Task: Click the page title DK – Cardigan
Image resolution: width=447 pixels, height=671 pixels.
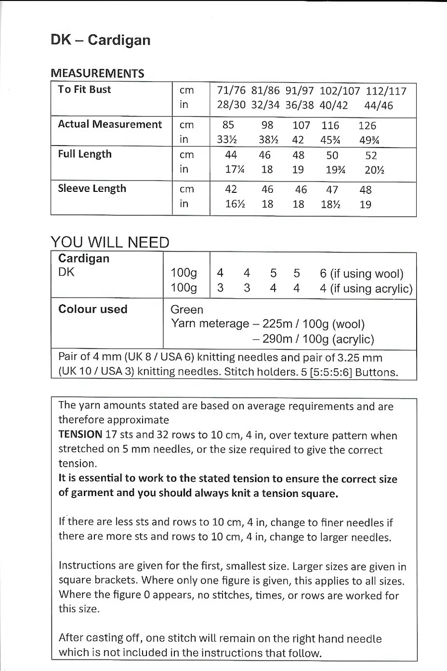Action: click(x=100, y=40)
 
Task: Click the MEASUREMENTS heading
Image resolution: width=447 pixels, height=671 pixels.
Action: click(x=97, y=74)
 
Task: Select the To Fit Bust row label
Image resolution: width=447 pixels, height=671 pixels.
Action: click(x=84, y=89)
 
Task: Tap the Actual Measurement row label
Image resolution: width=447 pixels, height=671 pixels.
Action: click(x=110, y=124)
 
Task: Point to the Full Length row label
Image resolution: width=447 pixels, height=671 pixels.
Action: click(x=84, y=154)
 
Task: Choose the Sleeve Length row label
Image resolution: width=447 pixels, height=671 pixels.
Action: click(x=92, y=188)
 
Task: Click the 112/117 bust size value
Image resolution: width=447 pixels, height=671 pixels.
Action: click(x=386, y=91)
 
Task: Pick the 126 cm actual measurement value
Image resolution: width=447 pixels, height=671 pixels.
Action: click(x=367, y=126)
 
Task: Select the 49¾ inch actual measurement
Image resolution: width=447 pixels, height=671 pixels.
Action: click(x=369, y=140)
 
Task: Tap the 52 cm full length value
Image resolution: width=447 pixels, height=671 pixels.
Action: click(x=371, y=156)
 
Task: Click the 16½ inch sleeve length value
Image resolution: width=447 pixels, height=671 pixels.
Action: click(x=235, y=204)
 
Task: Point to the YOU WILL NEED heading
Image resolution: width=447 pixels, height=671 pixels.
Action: click(x=110, y=242)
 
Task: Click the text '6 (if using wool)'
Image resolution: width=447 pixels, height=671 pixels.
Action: click(x=362, y=274)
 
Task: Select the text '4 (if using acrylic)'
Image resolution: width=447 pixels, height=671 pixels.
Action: click(x=366, y=289)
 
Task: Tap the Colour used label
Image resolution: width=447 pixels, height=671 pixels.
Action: click(x=93, y=309)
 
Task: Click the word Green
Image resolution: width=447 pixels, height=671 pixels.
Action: click(x=187, y=310)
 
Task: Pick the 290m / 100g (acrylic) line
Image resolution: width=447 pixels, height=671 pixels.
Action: click(x=313, y=339)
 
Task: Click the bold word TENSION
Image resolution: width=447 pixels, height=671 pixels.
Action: click(x=80, y=434)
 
